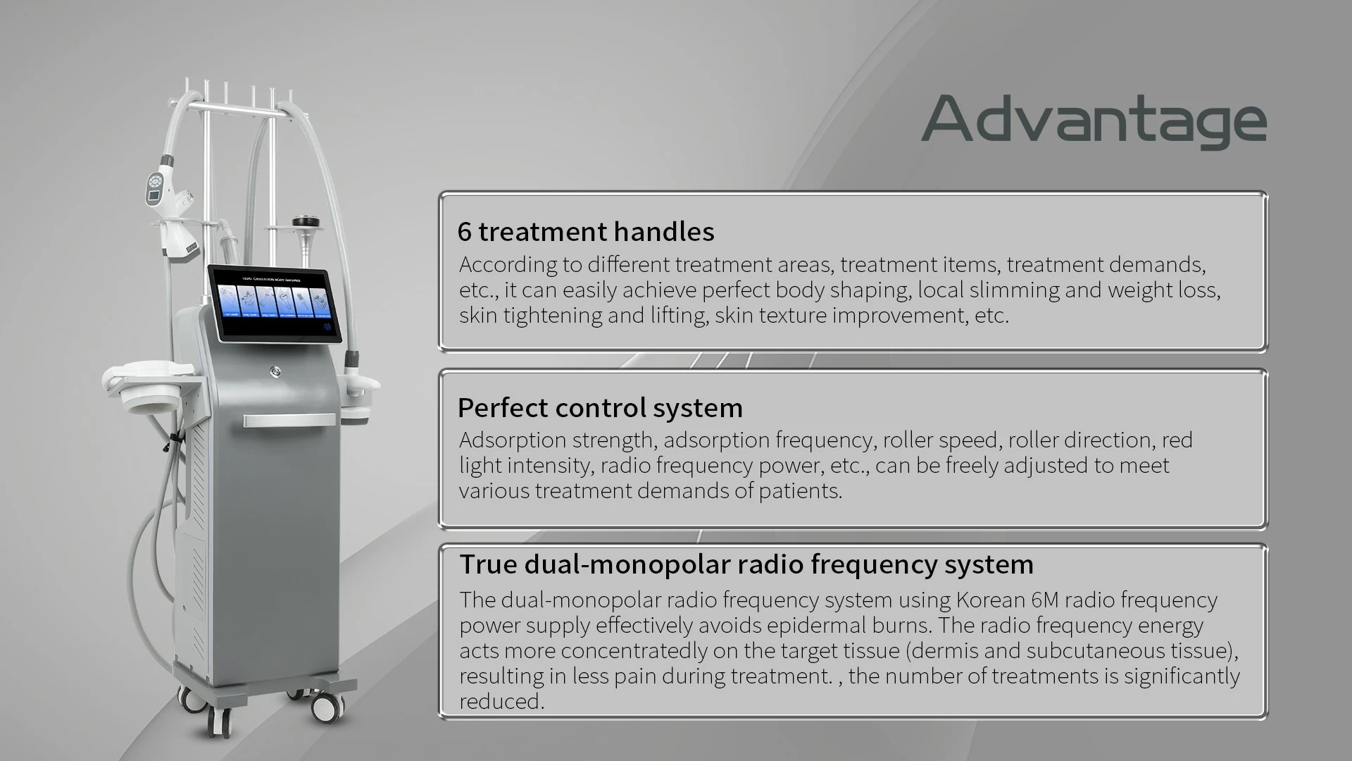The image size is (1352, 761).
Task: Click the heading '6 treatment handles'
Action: (x=586, y=231)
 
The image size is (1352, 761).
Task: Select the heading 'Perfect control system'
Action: (x=600, y=407)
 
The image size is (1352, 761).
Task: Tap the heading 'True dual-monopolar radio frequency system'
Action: (x=746, y=564)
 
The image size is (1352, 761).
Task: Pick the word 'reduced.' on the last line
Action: (x=502, y=701)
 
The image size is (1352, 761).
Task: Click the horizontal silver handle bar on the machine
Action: (x=289, y=421)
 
